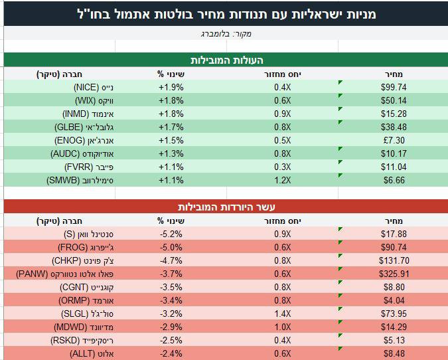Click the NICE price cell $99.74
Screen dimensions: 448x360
tap(394, 87)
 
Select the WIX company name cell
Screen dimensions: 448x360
tap(94, 101)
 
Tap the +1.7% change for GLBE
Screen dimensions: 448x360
tap(171, 127)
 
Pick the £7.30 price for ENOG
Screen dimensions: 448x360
tap(394, 140)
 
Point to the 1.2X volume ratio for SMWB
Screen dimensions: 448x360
tap(282, 180)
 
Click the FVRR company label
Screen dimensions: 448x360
tap(89, 167)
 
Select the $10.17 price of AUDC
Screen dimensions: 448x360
tap(394, 153)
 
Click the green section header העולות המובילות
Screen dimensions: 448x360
tap(226, 60)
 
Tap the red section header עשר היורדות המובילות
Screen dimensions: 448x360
tap(226, 207)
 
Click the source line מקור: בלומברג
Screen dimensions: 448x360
tap(226, 34)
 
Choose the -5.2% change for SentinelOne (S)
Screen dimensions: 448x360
tap(171, 234)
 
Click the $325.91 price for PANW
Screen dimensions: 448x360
tap(394, 274)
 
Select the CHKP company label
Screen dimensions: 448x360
tap(83, 261)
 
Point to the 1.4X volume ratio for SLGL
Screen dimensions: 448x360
tap(282, 314)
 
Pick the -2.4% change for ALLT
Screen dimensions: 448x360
tap(171, 354)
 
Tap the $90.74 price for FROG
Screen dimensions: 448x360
tap(394, 247)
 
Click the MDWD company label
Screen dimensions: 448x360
tap(84, 327)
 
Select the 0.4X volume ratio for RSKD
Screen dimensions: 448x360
tap(282, 340)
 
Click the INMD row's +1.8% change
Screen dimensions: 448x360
tap(171, 114)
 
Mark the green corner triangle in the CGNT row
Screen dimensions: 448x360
tap(340, 282)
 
